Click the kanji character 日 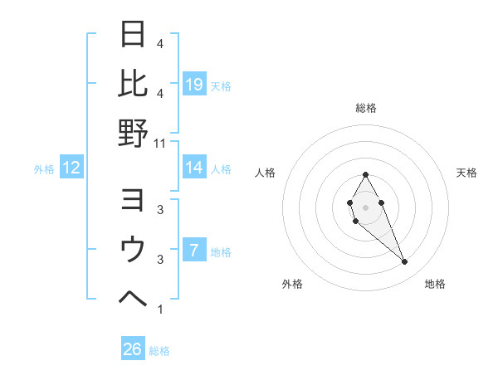click(x=133, y=36)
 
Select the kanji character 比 click(x=133, y=83)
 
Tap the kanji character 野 click(x=133, y=132)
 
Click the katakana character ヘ click(x=133, y=296)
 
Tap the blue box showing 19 click(x=194, y=84)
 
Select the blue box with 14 click(x=194, y=168)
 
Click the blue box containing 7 click(x=194, y=250)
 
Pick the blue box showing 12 click(x=71, y=168)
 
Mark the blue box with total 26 click(x=132, y=349)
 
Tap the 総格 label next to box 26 click(x=159, y=351)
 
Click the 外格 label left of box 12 click(x=44, y=169)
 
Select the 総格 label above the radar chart click(x=365, y=108)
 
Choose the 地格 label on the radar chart click(x=435, y=285)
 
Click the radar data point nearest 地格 click(x=405, y=262)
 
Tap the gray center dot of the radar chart click(x=365, y=206)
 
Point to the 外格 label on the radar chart click(x=292, y=285)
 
